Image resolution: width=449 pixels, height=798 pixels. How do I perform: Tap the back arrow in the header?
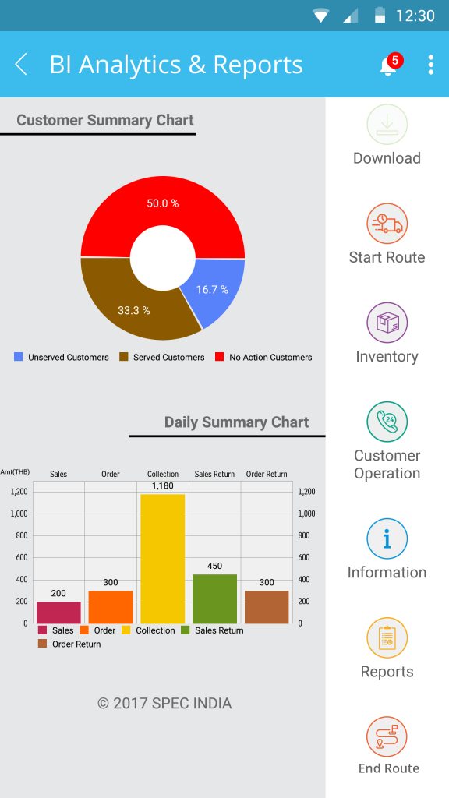[21, 65]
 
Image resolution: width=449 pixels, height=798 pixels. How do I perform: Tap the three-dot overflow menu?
[430, 65]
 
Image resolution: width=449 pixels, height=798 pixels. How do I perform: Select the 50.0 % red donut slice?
[163, 214]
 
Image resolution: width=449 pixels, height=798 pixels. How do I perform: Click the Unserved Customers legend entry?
[62, 357]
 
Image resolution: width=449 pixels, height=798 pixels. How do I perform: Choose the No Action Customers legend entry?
[263, 357]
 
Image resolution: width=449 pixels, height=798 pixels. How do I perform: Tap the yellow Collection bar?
[163, 559]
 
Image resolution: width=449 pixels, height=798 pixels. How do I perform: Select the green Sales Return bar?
[215, 599]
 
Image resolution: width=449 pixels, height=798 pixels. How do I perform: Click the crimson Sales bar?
[58, 613]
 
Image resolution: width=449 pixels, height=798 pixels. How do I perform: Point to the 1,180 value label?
[163, 486]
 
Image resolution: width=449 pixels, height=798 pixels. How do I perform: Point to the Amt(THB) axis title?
[15, 471]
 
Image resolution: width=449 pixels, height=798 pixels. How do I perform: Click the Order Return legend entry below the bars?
[69, 644]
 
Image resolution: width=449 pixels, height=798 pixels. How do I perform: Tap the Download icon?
[387, 125]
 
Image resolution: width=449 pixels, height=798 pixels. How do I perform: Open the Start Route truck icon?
[387, 224]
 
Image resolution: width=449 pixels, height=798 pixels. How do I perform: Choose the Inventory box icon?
[387, 323]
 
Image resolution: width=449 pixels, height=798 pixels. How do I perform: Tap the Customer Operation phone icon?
[387, 422]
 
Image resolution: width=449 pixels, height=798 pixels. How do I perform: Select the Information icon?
[387, 538]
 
